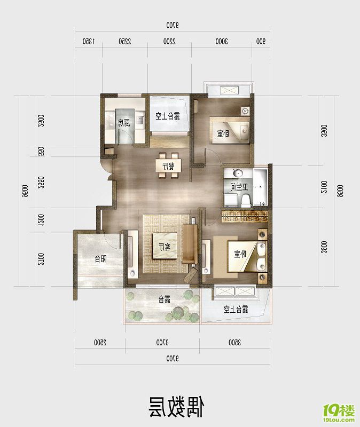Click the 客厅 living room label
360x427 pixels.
click(x=164, y=247)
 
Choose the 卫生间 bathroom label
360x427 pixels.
click(x=238, y=187)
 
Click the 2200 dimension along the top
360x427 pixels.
click(x=167, y=41)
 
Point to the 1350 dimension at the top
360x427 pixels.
click(x=89, y=41)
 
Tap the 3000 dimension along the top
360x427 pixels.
click(x=221, y=41)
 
